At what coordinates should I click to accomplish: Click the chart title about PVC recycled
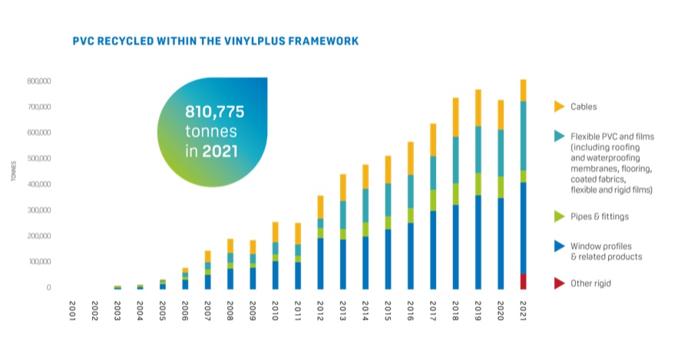coord(215,41)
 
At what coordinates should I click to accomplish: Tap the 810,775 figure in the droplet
coord(214,112)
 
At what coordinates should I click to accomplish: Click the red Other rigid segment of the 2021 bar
coord(523,282)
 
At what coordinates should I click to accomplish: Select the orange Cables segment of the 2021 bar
coord(523,91)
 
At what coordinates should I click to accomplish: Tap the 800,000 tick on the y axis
coord(38,81)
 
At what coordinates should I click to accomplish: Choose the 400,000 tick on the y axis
coord(38,184)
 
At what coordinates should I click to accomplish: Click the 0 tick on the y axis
coord(48,288)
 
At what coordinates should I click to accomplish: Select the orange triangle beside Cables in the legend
coord(559,107)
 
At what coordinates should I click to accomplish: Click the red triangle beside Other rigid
coord(559,283)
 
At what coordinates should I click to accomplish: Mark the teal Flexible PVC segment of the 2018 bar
coord(455,160)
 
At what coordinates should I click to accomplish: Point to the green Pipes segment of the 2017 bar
coord(432,200)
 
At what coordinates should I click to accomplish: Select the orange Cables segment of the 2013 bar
coord(342,187)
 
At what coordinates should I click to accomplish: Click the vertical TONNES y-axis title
coord(14,173)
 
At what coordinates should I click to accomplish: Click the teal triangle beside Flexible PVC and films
coord(559,136)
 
